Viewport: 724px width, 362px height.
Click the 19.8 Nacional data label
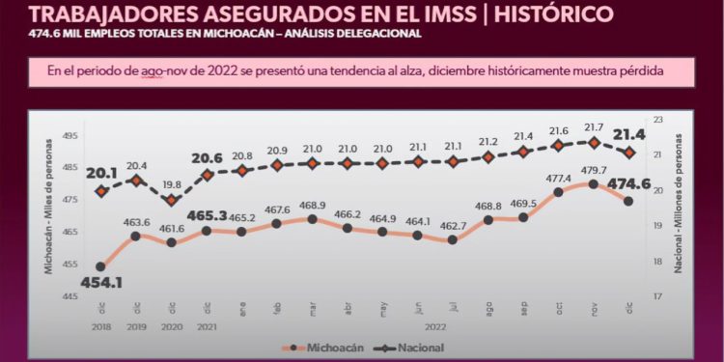click(x=171, y=183)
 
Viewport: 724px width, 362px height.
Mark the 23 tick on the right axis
click(x=659, y=119)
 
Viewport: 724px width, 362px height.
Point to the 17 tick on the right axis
click(x=659, y=296)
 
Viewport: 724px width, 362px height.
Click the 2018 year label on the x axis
click(x=100, y=326)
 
